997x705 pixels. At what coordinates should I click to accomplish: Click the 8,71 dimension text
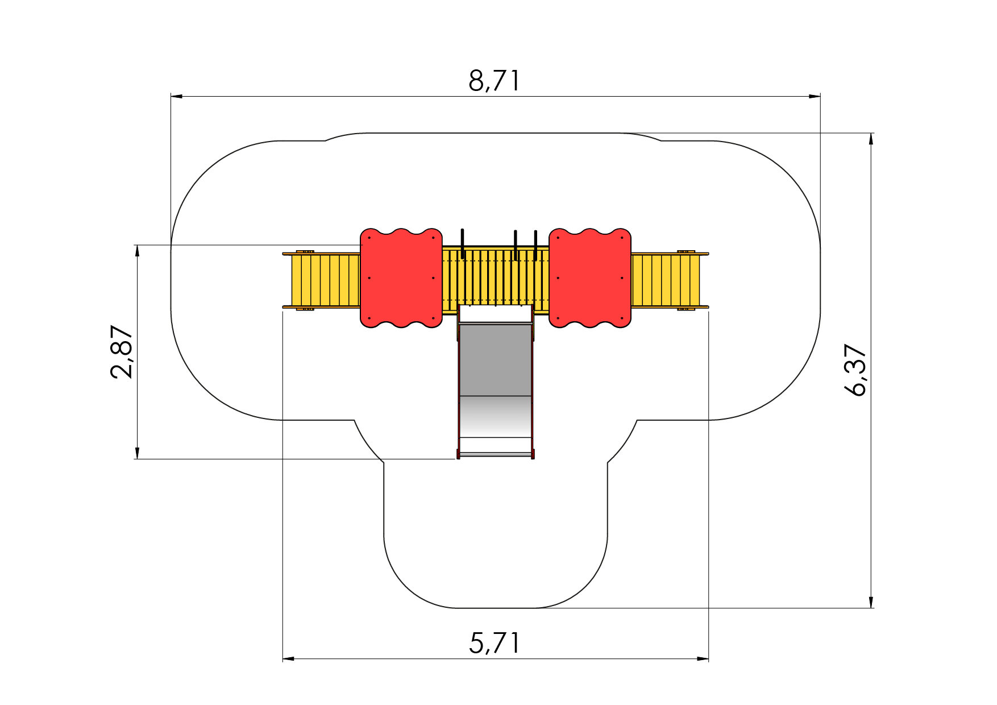click(494, 81)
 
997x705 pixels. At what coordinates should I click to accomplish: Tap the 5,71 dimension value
click(494, 643)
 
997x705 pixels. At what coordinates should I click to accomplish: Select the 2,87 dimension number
click(122, 352)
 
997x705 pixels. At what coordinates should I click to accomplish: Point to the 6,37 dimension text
click(855, 370)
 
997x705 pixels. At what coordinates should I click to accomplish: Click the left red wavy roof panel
click(401, 278)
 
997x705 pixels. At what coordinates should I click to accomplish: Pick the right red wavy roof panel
click(590, 278)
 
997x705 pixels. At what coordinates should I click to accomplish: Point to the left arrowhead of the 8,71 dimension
click(177, 96)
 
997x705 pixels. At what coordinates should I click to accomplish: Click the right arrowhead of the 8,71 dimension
click(815, 96)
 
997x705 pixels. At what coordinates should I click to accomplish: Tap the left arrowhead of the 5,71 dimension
click(288, 659)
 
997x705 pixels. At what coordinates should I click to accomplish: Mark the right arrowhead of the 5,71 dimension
click(703, 659)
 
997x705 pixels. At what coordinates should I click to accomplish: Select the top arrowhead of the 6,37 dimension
click(871, 139)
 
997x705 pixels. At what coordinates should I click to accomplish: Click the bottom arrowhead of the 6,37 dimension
click(871, 602)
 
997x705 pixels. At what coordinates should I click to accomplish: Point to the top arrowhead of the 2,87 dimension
click(137, 251)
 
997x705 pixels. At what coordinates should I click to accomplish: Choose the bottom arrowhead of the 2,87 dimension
click(137, 453)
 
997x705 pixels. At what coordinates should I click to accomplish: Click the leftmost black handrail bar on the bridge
click(463, 244)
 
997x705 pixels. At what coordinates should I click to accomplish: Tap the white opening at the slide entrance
click(495, 313)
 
